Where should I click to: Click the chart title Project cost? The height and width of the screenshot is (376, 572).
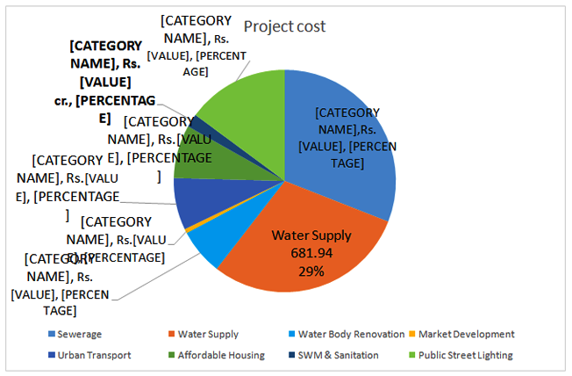(284, 26)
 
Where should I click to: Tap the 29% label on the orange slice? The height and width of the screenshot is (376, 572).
(311, 271)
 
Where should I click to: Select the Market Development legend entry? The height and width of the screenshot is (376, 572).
(466, 334)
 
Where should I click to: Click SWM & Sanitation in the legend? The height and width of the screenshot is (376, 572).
(334, 355)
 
